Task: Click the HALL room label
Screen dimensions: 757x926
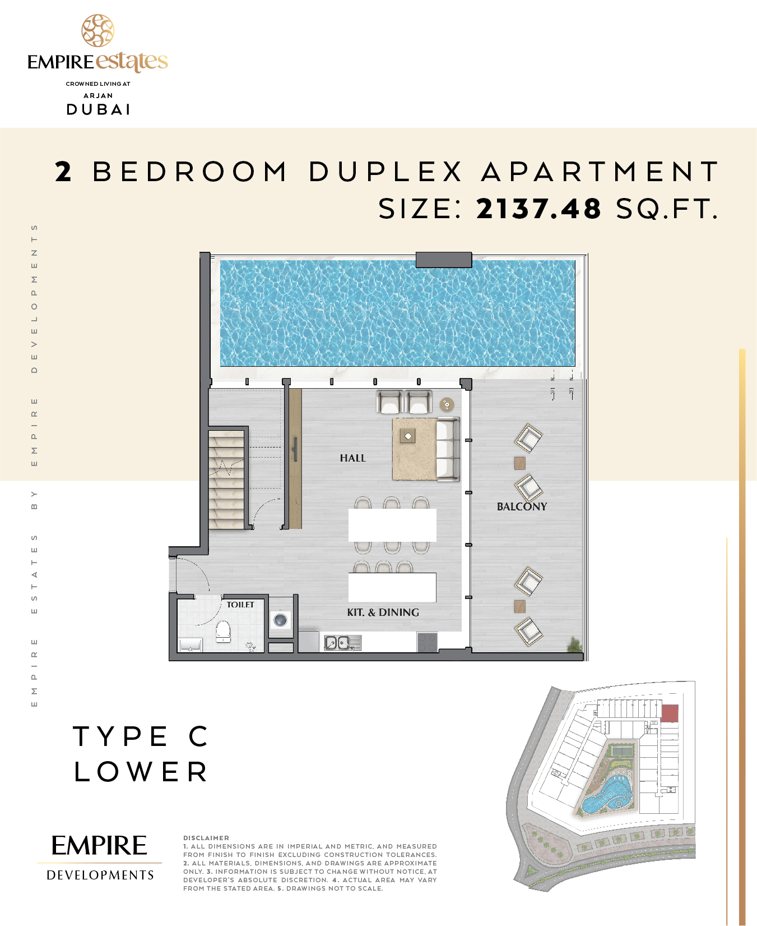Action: [352, 458]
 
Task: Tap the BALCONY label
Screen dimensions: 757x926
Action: [522, 506]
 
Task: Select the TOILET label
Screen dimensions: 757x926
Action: [240, 605]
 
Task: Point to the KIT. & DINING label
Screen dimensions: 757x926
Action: [383, 612]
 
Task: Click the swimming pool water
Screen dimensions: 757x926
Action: [398, 313]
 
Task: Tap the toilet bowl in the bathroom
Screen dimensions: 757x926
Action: [223, 632]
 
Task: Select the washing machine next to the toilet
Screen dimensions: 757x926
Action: [280, 620]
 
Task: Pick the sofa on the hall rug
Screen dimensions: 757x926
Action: [448, 449]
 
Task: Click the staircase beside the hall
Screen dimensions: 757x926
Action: [227, 480]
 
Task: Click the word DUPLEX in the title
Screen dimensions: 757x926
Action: [386, 172]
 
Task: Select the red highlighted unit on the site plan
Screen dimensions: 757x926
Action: [670, 713]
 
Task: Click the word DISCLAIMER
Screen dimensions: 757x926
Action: [206, 838]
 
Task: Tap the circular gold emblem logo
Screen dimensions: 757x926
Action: [98, 31]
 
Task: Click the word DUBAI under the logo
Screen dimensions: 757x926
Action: [99, 109]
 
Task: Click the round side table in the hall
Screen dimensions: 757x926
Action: [447, 404]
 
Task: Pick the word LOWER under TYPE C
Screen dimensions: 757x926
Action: [141, 772]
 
